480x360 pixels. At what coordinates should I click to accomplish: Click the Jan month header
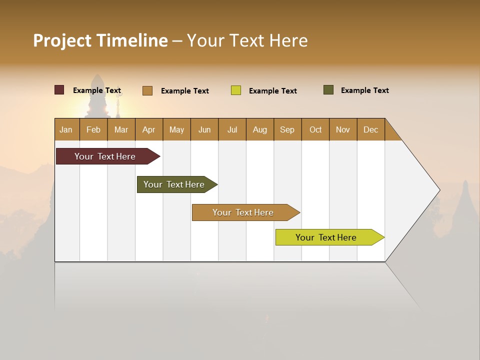66,129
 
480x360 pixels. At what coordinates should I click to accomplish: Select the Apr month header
149,129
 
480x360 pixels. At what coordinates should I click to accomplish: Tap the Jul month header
232,129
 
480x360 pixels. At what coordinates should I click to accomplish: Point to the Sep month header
287,129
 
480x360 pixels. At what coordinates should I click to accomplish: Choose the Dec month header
370,129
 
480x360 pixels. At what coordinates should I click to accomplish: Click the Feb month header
93,129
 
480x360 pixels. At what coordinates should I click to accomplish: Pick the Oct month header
315,129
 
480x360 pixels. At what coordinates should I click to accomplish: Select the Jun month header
204,129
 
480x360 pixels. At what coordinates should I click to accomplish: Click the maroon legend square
59,90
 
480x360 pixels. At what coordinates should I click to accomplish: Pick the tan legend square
147,90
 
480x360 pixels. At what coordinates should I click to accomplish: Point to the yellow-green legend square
236,90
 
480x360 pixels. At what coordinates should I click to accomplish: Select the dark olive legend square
328,90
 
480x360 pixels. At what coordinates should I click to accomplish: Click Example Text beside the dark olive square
364,90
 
